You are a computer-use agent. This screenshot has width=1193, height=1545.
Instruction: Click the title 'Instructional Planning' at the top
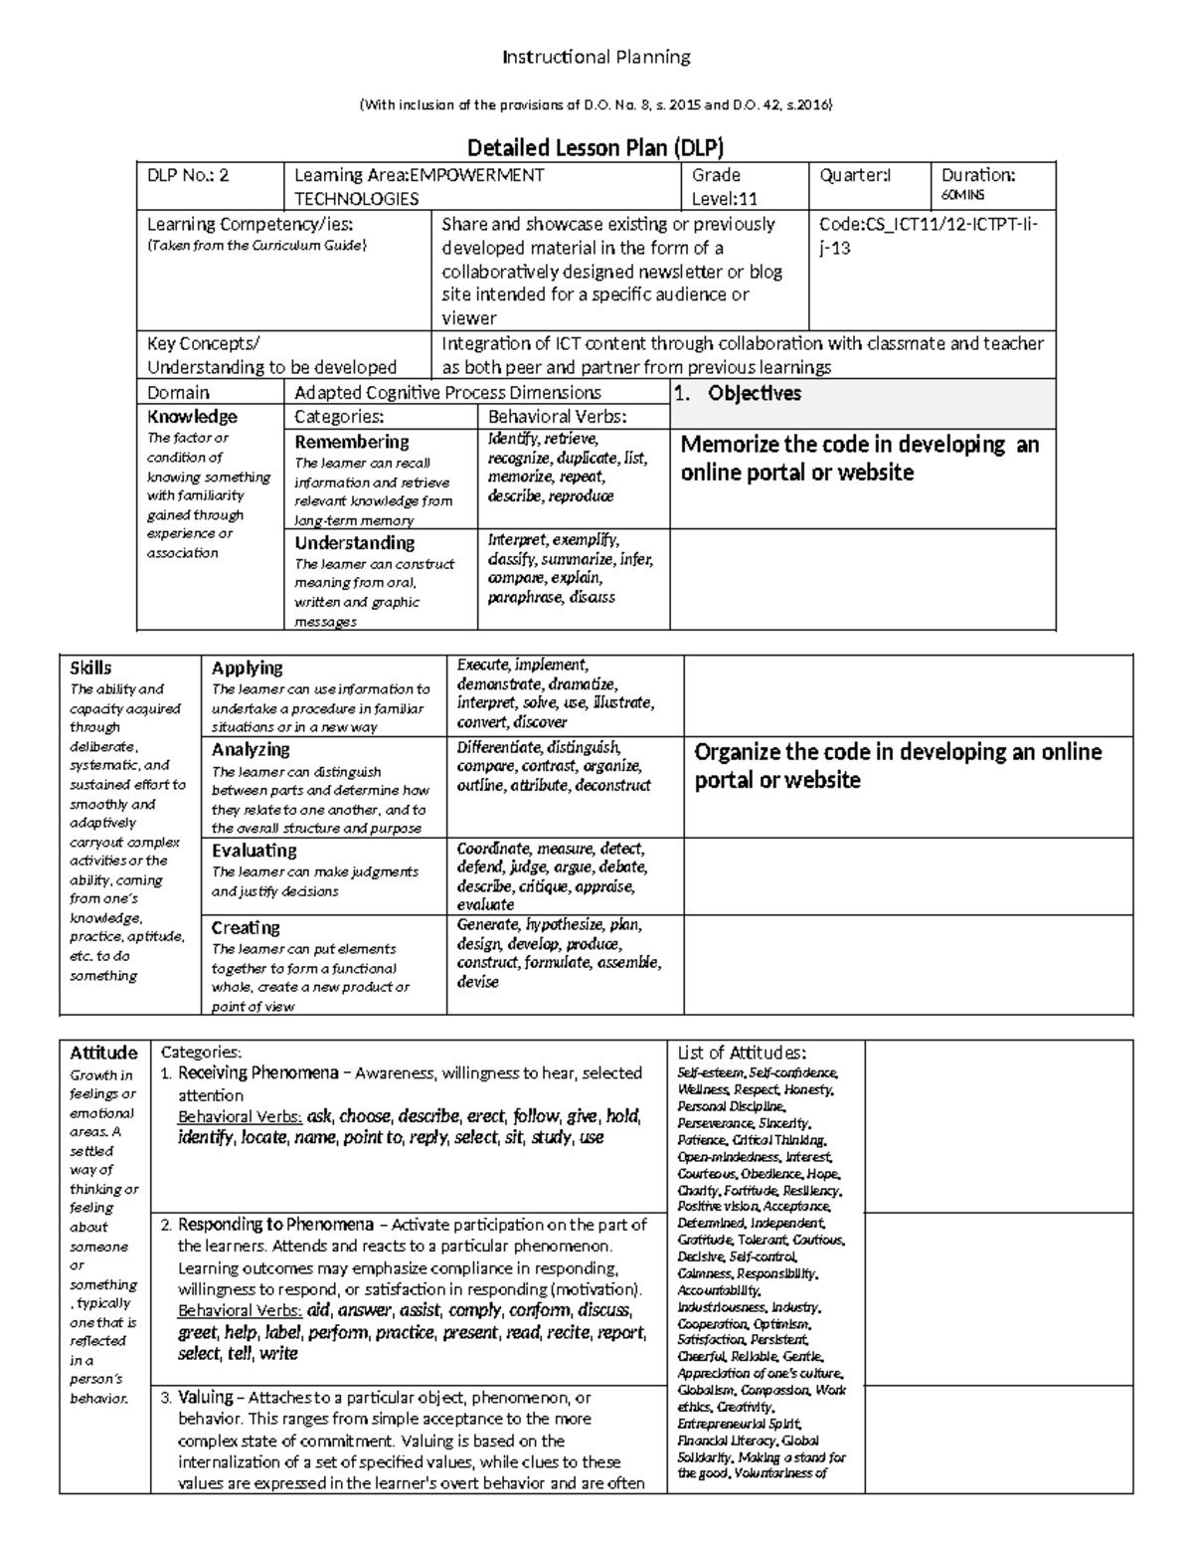[596, 57]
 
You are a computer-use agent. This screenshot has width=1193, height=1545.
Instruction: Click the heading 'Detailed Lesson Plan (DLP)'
[596, 148]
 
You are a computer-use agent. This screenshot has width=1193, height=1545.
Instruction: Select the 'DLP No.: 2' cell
[188, 175]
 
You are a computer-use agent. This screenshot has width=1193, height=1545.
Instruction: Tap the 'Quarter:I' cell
[854, 175]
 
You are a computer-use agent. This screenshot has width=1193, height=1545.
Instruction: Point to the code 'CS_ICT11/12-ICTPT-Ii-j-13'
[927, 236]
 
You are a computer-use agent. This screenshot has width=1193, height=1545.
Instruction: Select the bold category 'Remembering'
[352, 442]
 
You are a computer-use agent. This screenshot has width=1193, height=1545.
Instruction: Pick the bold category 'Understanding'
[354, 543]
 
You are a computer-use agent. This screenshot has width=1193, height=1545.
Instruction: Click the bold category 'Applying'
[247, 669]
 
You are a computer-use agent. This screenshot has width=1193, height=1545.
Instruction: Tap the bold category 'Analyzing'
[251, 750]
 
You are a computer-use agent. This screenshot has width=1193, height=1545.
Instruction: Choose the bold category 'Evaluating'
[254, 851]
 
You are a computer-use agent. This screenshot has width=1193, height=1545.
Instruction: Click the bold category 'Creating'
[246, 928]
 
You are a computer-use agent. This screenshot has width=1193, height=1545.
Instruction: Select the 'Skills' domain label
[90, 669]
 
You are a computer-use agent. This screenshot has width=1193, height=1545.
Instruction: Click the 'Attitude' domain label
[103, 1053]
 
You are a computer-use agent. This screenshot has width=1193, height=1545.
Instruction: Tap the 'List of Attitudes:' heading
[741, 1053]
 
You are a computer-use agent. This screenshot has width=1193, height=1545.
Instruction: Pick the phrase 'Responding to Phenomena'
[275, 1225]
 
